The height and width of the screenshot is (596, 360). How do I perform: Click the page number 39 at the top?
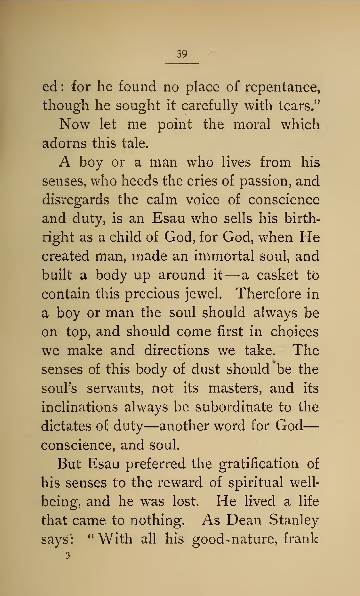pyautogui.click(x=182, y=54)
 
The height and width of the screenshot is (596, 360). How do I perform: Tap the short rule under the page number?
pyautogui.click(x=182, y=63)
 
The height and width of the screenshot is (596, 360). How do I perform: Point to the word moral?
pyautogui.click(x=252, y=124)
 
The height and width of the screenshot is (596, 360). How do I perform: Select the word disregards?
pyautogui.click(x=76, y=200)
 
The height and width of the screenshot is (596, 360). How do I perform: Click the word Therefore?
pyautogui.click(x=268, y=294)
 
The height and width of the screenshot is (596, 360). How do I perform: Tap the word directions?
pyautogui.click(x=176, y=350)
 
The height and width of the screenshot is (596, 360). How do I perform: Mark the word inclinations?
pyautogui.click(x=79, y=407)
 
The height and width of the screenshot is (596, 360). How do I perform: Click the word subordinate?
pyautogui.click(x=234, y=407)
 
